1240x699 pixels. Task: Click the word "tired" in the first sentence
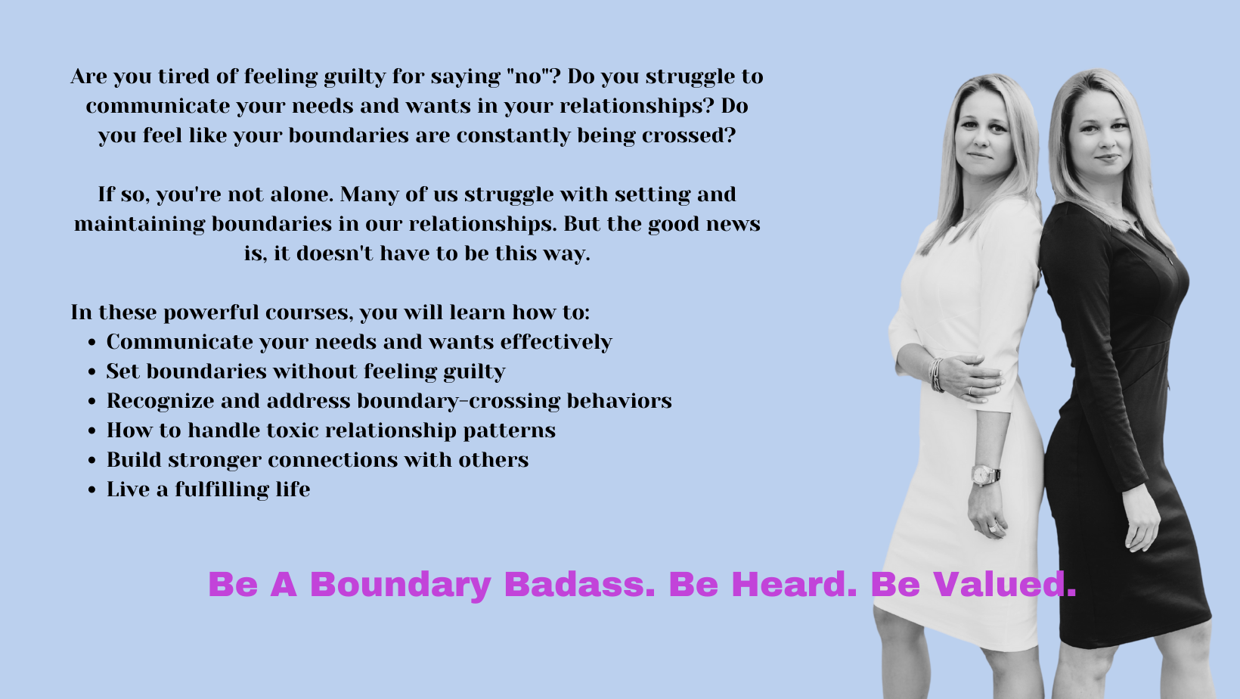pyautogui.click(x=183, y=76)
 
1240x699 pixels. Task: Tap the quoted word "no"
pyautogui.click(x=529, y=76)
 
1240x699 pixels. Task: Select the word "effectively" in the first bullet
pyautogui.click(x=556, y=342)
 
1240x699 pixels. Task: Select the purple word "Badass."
pyautogui.click(x=579, y=584)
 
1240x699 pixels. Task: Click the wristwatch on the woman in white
pyautogui.click(x=985, y=475)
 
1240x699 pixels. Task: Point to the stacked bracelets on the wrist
pyautogui.click(x=937, y=374)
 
